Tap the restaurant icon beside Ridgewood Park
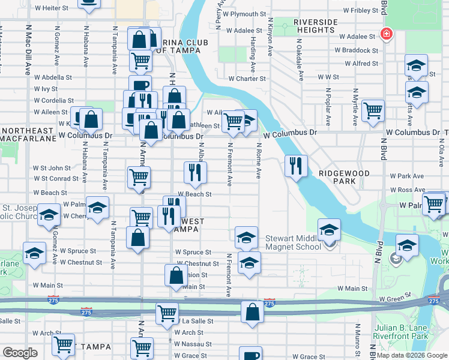[x=295, y=166]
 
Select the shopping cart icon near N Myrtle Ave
[x=373, y=110]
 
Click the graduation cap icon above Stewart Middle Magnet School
[x=329, y=230]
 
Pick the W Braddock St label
[x=358, y=50]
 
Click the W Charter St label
[x=247, y=79]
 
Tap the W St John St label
[x=52, y=168]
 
